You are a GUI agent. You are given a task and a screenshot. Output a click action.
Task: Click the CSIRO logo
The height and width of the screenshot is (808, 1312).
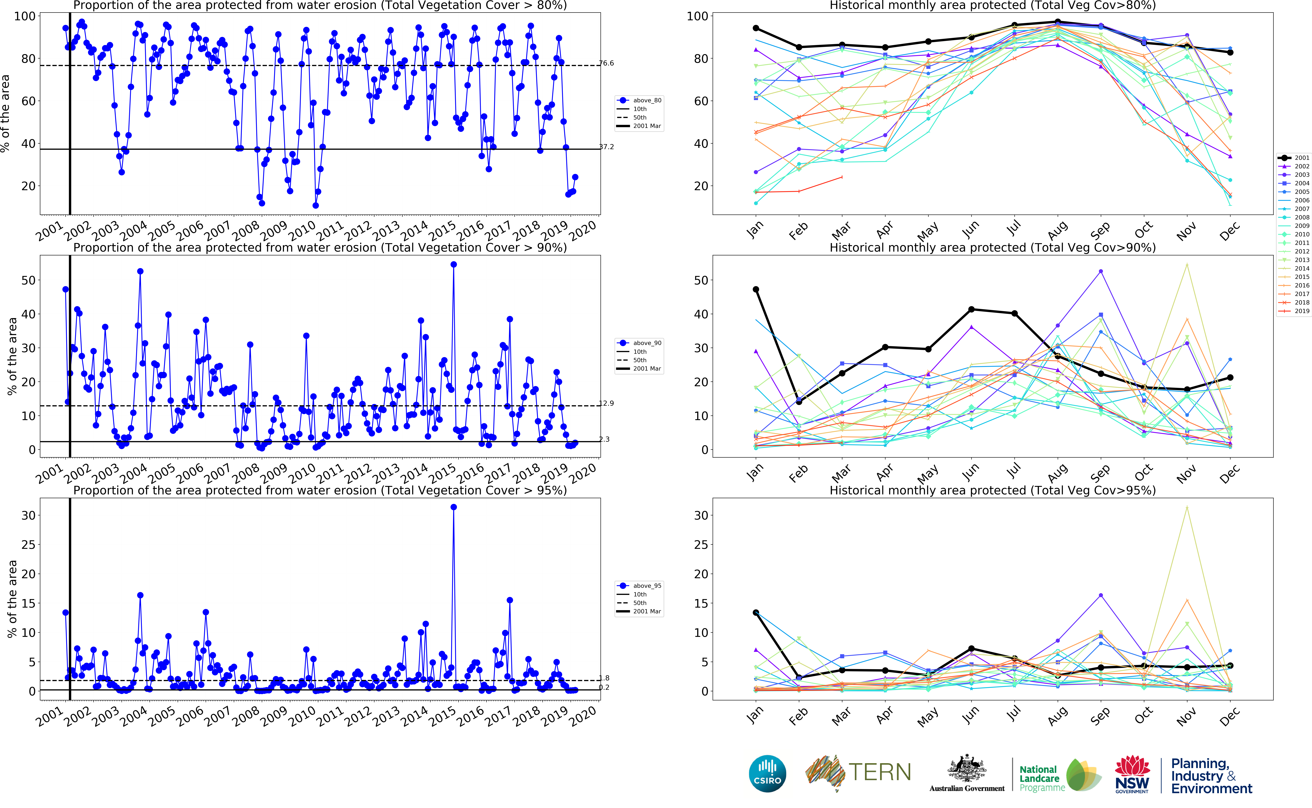[x=767, y=773]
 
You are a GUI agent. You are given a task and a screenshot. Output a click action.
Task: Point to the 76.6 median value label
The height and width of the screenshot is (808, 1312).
[x=606, y=63]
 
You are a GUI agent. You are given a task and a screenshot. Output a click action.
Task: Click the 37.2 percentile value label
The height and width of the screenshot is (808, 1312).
[x=606, y=146]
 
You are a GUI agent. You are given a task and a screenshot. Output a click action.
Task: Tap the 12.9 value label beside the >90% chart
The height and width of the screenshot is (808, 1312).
[x=606, y=403]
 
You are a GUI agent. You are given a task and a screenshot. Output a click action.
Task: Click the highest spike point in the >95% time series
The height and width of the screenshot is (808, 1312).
[x=454, y=507]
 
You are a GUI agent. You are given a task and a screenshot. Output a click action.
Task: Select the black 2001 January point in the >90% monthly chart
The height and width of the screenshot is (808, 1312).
[x=756, y=289]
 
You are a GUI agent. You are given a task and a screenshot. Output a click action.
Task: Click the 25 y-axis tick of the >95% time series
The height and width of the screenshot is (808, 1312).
[x=28, y=544]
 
